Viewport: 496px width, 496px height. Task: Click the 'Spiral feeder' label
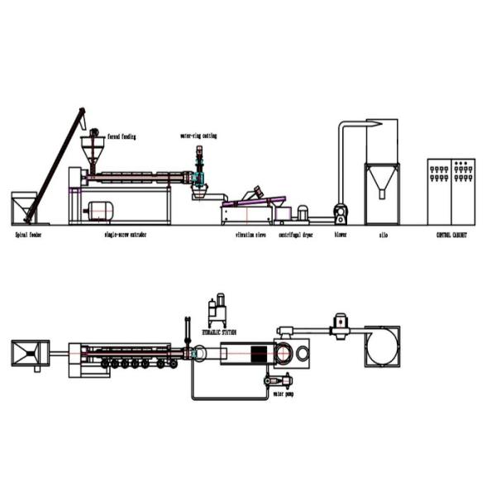[28, 235]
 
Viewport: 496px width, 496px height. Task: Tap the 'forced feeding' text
[122, 136]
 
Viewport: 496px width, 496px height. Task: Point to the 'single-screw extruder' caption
[126, 235]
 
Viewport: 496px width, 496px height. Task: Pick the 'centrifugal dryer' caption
[295, 235]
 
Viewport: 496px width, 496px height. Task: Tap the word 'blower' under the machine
[340, 235]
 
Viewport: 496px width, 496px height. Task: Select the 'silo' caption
[383, 235]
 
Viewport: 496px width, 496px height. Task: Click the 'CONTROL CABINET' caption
[451, 235]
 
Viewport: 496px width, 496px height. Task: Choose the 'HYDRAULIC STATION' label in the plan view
[219, 331]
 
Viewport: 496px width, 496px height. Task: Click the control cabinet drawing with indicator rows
[451, 191]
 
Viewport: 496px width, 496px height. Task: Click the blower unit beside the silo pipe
[340, 213]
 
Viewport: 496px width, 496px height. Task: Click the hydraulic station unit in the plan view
[217, 311]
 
